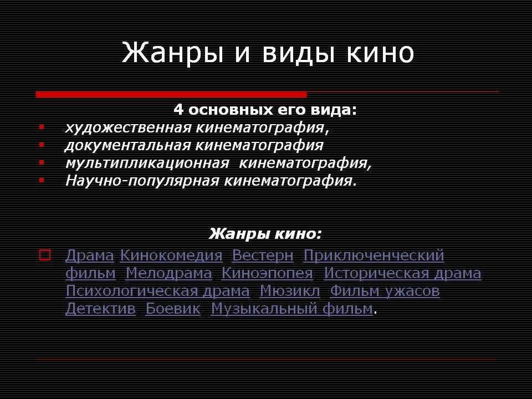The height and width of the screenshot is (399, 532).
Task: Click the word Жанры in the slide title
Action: coord(172,53)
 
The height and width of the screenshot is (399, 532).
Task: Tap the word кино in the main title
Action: coord(380,53)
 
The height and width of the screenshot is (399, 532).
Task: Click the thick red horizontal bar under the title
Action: coord(171,94)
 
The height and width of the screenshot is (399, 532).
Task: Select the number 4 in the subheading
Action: coord(178,110)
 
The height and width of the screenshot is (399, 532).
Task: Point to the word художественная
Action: coord(127,128)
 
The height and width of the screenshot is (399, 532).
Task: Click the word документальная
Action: coord(127,146)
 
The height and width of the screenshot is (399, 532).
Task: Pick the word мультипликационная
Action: coord(147,163)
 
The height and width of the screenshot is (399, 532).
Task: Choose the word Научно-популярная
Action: coord(142,181)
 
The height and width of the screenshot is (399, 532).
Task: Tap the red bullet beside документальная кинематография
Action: coord(42,145)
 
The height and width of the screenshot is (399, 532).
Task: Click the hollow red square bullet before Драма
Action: coord(45,255)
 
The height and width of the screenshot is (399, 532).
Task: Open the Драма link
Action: coord(89,255)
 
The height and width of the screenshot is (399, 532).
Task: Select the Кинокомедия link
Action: coord(171,255)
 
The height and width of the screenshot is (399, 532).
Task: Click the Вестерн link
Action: coord(263,255)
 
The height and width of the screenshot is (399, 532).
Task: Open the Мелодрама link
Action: coord(168,273)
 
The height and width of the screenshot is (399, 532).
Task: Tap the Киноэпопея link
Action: coord(267,273)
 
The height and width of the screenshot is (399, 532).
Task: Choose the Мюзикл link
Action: coord(290,291)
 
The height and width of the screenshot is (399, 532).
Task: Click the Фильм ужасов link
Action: coord(385,291)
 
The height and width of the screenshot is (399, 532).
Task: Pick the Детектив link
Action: coord(100,309)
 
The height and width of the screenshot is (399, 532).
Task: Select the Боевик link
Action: coord(173,309)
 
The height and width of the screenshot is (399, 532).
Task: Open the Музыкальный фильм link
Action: coord(292,309)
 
